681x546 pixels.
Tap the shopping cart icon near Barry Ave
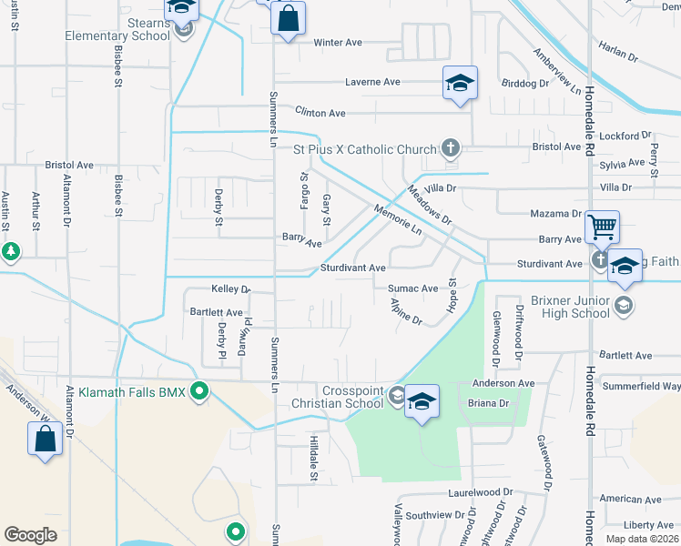pos(602,227)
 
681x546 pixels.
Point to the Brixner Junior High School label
pos(569,306)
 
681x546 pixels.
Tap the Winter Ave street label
pos(338,43)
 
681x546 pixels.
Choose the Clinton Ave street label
pos(320,113)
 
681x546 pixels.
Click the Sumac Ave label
pos(413,288)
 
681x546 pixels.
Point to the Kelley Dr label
pos(230,289)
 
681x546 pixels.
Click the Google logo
pos(30,534)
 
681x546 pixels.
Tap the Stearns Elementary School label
pos(117,29)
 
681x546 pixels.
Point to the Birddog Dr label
pos(525,83)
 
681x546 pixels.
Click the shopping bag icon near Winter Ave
pos(288,18)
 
